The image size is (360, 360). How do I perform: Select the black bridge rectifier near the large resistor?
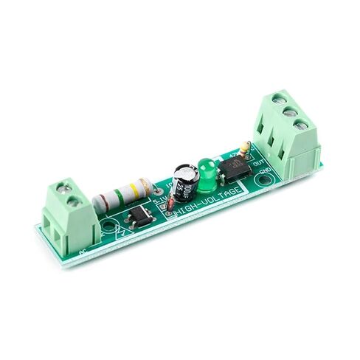click(x=139, y=215)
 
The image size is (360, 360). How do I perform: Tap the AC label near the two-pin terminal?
click(x=81, y=252)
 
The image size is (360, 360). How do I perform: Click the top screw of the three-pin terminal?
click(x=280, y=97)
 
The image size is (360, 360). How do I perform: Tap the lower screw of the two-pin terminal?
click(x=72, y=201)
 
